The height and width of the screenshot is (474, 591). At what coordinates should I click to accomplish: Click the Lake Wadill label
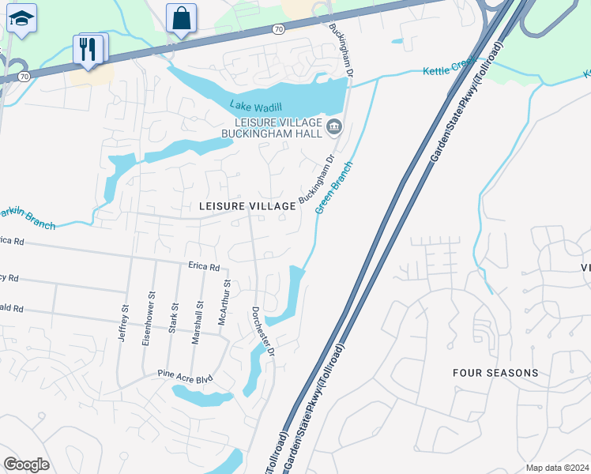tap(257, 106)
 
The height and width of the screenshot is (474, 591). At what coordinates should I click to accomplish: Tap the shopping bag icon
tap(182, 18)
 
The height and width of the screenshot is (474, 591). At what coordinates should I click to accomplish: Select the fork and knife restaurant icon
tap(88, 49)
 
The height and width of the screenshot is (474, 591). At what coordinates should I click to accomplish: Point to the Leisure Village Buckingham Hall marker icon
tap(333, 127)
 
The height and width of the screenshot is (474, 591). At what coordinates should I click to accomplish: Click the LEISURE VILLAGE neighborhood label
tap(247, 206)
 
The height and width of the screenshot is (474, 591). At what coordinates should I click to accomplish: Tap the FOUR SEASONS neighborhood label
tap(495, 372)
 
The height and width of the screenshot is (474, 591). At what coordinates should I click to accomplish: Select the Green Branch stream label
tap(333, 187)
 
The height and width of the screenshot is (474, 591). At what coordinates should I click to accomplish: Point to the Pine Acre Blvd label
tap(185, 378)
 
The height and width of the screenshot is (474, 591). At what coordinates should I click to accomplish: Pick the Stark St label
tap(173, 317)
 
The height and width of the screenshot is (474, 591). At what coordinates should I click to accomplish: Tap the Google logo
tap(26, 465)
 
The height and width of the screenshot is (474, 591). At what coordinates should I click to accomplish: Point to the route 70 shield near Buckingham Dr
tap(277, 29)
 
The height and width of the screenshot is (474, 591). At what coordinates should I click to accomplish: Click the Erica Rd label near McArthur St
tap(203, 267)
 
